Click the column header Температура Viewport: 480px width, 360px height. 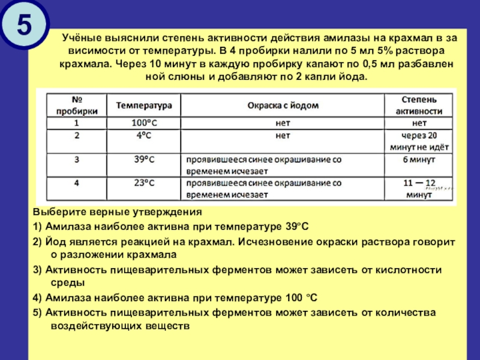[144, 104]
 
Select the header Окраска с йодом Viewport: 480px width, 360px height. [283, 104]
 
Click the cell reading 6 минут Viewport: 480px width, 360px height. [419, 160]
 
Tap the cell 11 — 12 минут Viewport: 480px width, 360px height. [419, 188]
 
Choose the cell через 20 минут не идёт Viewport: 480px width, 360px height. [419, 140]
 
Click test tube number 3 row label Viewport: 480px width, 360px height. [76, 160]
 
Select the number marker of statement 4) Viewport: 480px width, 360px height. [37, 298]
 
